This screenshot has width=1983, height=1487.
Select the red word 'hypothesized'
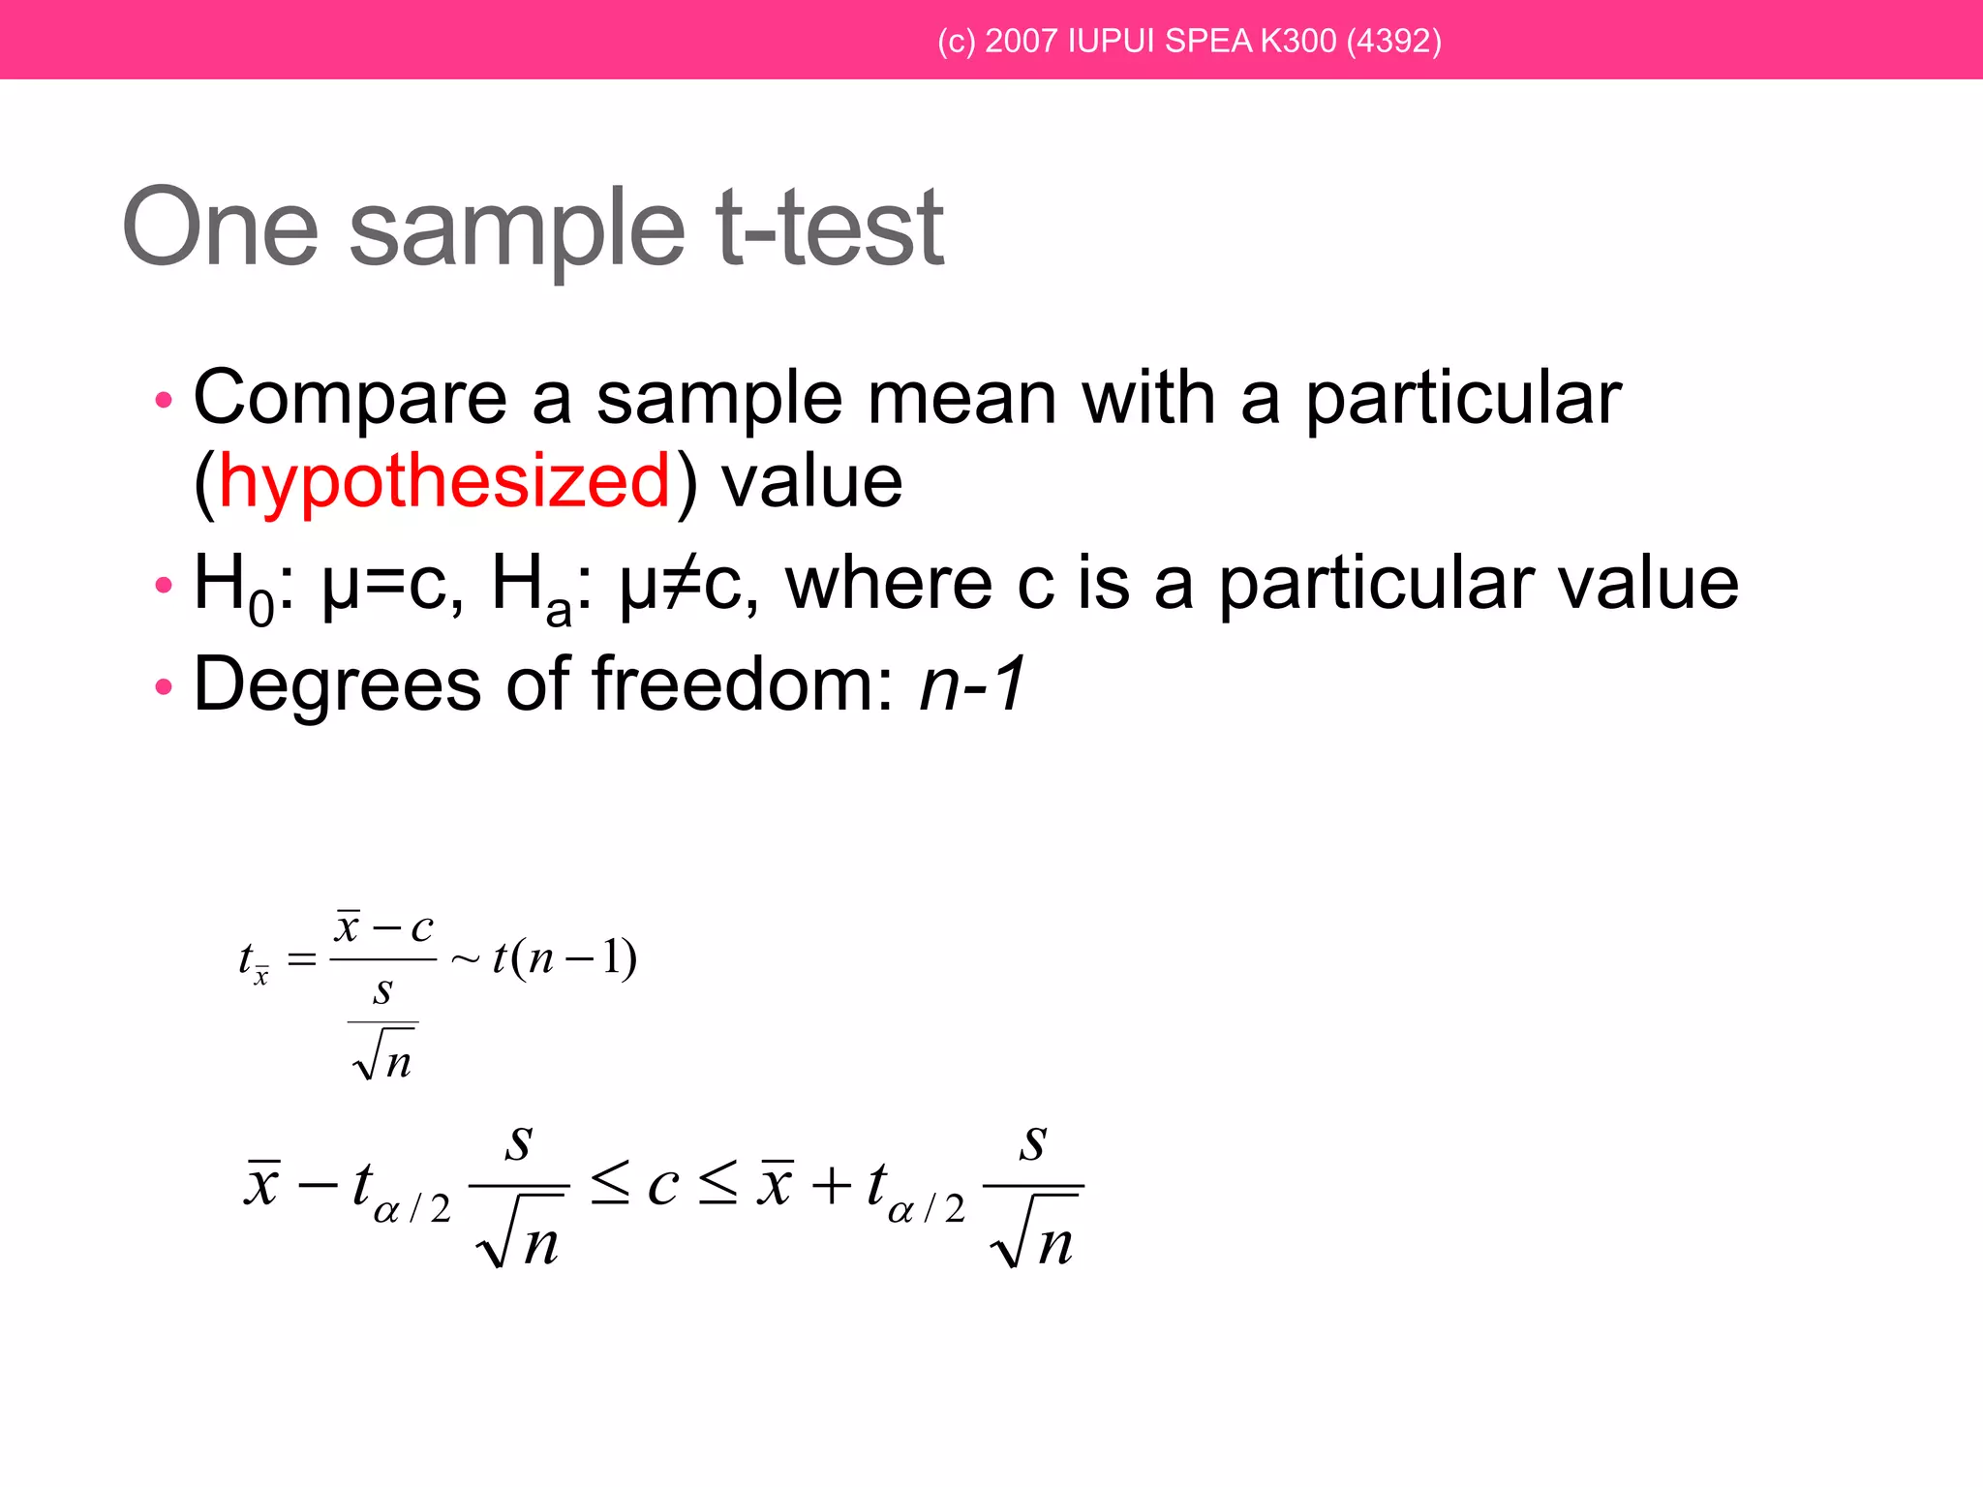(444, 481)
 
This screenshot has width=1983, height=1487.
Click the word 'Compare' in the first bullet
(351, 398)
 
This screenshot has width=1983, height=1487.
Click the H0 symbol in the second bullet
(233, 587)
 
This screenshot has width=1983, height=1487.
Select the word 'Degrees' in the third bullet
(337, 684)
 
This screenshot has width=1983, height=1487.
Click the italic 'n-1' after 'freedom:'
(972, 684)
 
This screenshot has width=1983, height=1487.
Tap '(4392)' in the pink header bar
(1393, 41)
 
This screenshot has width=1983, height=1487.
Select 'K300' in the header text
(1297, 41)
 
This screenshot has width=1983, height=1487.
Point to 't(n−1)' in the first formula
(564, 958)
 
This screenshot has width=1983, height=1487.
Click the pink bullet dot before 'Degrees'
(164, 687)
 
